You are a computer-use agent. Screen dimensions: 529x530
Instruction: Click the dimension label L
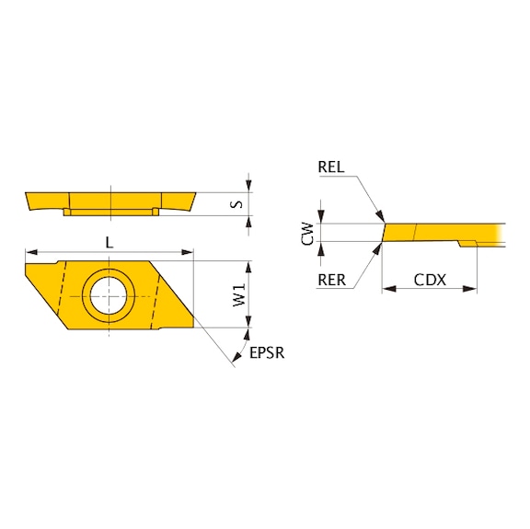pyautogui.click(x=109, y=242)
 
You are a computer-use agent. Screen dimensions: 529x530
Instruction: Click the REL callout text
pyautogui.click(x=332, y=167)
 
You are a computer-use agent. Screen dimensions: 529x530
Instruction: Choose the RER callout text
pyautogui.click(x=331, y=280)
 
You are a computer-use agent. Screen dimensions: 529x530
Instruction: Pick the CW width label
pyautogui.click(x=309, y=233)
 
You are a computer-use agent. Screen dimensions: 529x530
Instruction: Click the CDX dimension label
pyautogui.click(x=430, y=279)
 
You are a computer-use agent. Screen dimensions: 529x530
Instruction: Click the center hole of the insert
pyautogui.click(x=109, y=295)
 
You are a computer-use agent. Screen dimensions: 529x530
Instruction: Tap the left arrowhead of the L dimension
pyautogui.click(x=30, y=251)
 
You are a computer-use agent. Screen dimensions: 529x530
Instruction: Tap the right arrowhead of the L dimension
pyautogui.click(x=189, y=251)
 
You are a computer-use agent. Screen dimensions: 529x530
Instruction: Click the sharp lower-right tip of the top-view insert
pyautogui.click(x=193, y=328)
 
